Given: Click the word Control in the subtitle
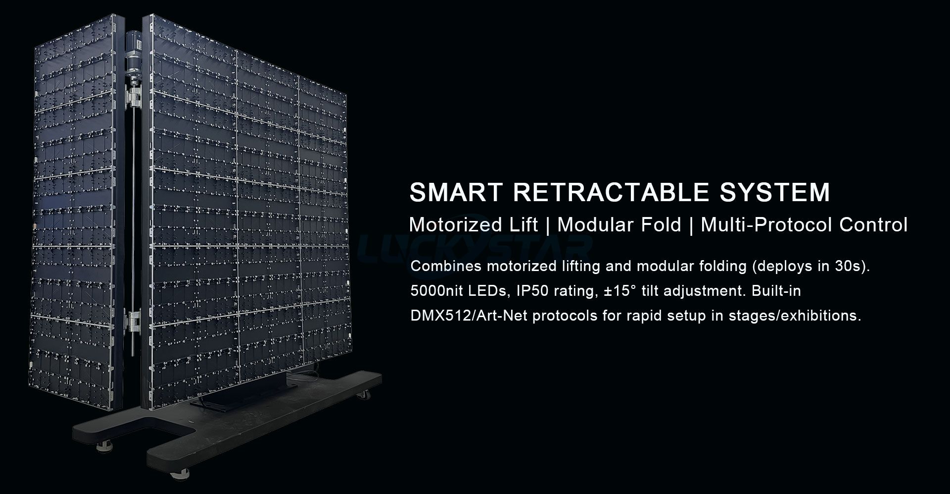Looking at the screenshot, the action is [873, 225].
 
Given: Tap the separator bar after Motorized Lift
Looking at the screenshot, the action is [548, 225].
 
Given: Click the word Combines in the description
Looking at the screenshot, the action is [446, 266].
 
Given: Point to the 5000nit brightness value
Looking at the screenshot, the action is [437, 291].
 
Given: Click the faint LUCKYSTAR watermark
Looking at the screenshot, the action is [475, 246].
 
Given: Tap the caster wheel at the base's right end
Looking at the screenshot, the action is [366, 395].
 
